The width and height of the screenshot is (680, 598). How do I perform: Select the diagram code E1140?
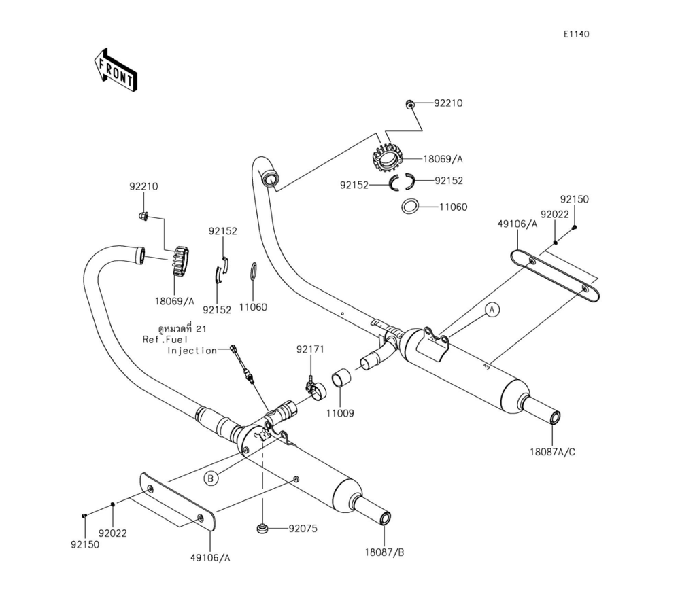tap(575, 35)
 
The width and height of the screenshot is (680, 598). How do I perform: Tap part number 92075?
tap(303, 528)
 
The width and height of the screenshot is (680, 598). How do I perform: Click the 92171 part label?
tap(310, 349)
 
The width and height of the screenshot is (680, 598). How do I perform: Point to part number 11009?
tap(339, 412)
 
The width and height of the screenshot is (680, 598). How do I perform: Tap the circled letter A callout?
tap(494, 310)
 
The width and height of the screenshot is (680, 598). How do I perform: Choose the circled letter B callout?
tap(211, 478)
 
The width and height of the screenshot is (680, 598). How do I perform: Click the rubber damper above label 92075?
tap(261, 529)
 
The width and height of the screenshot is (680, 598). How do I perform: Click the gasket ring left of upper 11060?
tap(409, 206)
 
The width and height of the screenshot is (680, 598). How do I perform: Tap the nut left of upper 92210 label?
tap(409, 103)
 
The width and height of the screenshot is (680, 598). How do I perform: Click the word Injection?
tap(192, 351)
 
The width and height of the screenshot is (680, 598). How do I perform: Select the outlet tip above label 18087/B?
tap(386, 519)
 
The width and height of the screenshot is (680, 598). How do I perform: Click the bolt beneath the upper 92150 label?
tap(575, 227)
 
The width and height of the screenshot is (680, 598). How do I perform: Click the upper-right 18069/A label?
tap(443, 159)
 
